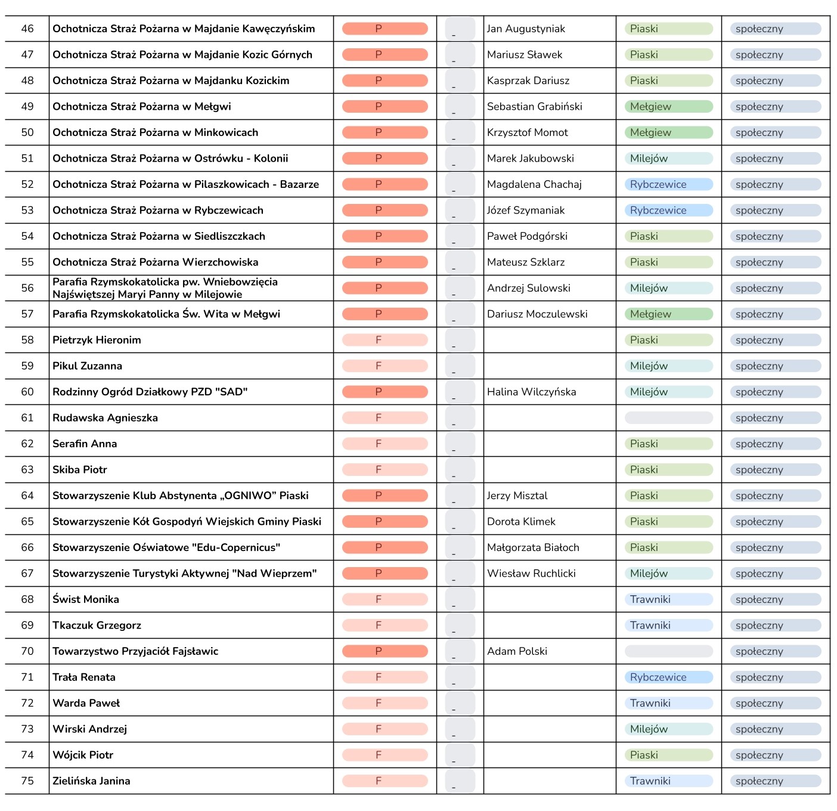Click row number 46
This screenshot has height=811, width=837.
coord(27,29)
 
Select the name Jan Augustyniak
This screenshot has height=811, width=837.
coord(526,29)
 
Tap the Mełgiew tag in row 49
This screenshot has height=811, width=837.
coord(668,107)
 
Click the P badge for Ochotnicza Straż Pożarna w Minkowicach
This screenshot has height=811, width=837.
coord(385,132)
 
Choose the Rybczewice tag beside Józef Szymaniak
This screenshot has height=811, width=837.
coord(668,211)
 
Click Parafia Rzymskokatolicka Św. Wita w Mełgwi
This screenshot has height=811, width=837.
coord(166,314)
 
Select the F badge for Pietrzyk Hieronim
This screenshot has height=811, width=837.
coord(385,340)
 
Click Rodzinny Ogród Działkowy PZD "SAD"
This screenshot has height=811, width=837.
coord(150,392)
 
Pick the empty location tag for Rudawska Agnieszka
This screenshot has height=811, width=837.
coord(668,418)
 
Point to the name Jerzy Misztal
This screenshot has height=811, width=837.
coord(517,496)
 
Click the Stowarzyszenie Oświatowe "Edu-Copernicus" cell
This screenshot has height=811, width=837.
coord(166,547)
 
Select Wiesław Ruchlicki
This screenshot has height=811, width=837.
coord(531,574)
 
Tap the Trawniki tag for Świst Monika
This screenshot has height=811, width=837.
coord(668,599)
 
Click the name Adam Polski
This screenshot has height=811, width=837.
coord(517,651)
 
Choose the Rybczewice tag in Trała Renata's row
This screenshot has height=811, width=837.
coord(668,677)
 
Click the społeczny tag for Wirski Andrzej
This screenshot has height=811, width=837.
coord(775,729)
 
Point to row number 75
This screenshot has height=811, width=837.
coord(27,781)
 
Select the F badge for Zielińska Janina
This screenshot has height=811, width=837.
coord(385,781)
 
